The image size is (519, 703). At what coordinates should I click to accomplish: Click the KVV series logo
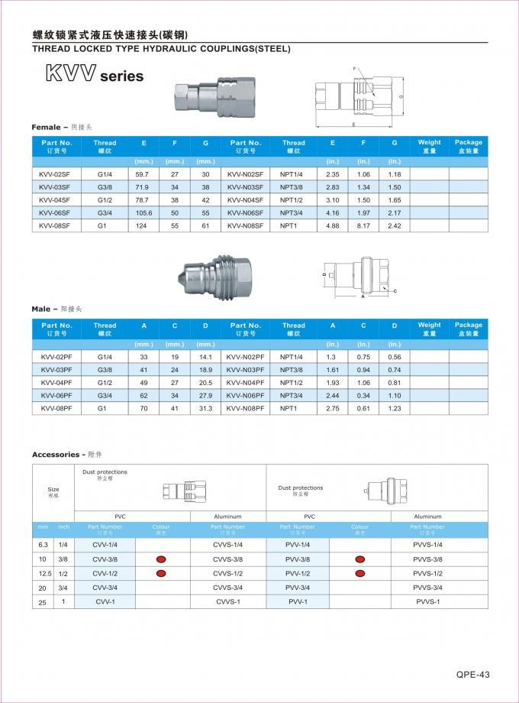(94, 75)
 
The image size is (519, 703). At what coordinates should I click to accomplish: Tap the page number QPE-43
(472, 675)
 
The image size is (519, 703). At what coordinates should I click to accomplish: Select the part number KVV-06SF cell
(55, 212)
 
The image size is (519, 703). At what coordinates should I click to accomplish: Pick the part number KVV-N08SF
(245, 225)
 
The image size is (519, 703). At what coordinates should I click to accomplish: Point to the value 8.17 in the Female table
(363, 225)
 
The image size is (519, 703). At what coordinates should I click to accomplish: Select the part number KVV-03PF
(56, 369)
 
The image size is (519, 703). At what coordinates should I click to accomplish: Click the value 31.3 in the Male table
(205, 409)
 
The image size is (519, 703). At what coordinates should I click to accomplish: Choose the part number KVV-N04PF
(245, 382)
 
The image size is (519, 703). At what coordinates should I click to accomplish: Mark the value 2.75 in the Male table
(332, 409)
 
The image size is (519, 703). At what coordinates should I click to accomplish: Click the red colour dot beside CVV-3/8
(161, 559)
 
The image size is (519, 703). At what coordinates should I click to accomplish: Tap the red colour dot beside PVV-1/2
(359, 573)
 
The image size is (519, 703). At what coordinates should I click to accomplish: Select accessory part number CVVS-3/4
(227, 588)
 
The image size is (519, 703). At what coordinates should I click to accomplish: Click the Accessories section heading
(66, 455)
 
